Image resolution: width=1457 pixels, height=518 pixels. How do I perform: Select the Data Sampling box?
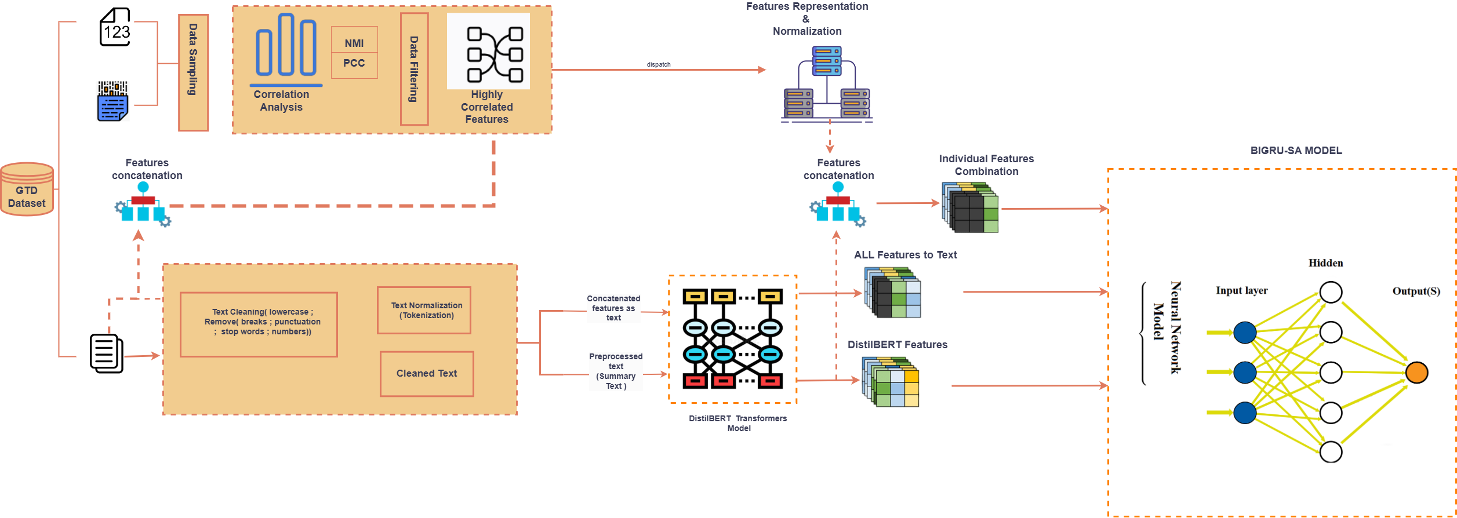pos(193,72)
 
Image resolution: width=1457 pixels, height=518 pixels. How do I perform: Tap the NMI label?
pos(354,43)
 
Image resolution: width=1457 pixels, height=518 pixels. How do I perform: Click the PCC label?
pos(354,63)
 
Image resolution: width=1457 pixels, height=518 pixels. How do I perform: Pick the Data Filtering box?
pos(414,69)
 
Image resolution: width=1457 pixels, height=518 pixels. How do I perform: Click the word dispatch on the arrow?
pos(659,64)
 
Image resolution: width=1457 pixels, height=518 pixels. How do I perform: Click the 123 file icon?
pos(115,27)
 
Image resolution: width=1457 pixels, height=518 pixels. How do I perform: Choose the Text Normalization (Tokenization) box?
pos(424,310)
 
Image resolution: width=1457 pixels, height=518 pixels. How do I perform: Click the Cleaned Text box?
pos(427,374)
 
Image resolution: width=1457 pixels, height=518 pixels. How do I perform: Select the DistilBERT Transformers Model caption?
pos(737,423)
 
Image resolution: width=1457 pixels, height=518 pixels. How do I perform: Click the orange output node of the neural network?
pos(1416,373)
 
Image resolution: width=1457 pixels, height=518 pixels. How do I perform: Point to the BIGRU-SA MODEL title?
pos(1296,151)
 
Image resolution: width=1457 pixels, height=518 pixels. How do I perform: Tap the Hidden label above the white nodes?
pos(1325,263)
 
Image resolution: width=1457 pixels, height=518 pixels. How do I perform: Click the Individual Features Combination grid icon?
pos(970,207)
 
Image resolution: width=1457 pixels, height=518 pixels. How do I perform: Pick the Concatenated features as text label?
pos(613,308)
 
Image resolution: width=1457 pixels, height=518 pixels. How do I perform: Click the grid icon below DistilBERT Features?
pos(891,382)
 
